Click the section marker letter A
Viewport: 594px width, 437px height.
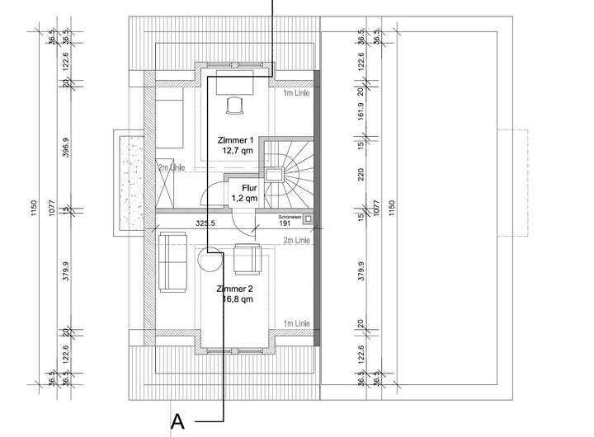click(177, 421)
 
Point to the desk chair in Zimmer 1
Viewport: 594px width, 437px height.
click(234, 105)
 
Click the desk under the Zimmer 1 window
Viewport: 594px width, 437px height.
click(235, 83)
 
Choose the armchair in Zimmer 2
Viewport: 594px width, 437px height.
click(247, 259)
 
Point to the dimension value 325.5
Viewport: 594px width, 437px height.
click(205, 223)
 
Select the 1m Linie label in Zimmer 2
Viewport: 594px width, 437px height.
click(295, 324)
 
